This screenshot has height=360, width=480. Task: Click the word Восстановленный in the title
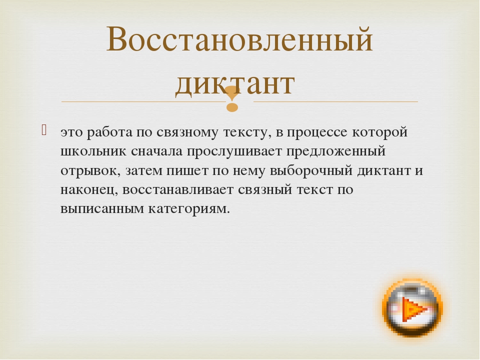point(239,39)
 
